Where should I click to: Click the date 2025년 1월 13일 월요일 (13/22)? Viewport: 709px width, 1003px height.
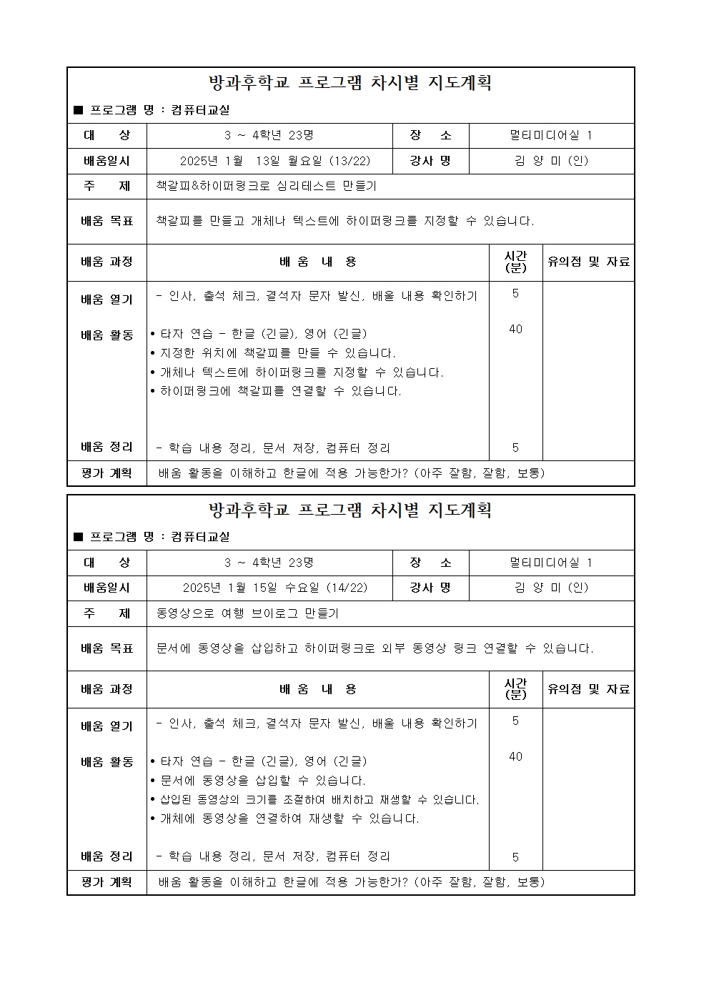275,161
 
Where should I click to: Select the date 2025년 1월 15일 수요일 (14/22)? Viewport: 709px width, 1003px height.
275,588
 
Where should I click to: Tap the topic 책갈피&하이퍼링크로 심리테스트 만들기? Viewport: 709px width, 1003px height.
267,186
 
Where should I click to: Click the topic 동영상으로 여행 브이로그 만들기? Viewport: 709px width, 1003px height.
247,613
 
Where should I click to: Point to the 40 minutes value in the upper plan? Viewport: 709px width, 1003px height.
515,329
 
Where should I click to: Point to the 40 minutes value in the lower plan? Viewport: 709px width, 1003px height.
515,756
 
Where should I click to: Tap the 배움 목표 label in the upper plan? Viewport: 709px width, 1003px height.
107,221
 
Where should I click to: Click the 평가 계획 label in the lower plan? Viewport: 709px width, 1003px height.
107,882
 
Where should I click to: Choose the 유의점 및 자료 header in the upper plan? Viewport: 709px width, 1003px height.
588,262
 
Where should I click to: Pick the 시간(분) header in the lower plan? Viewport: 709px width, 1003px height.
515,689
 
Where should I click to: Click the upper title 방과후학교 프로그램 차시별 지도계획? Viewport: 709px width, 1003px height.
350,83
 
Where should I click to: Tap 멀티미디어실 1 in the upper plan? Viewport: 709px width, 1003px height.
551,135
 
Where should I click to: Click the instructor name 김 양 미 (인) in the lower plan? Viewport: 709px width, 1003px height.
551,588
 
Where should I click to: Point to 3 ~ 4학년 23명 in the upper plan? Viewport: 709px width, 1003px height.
269,135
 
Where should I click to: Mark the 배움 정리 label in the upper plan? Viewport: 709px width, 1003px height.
107,448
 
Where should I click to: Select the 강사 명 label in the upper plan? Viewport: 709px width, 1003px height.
430,161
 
